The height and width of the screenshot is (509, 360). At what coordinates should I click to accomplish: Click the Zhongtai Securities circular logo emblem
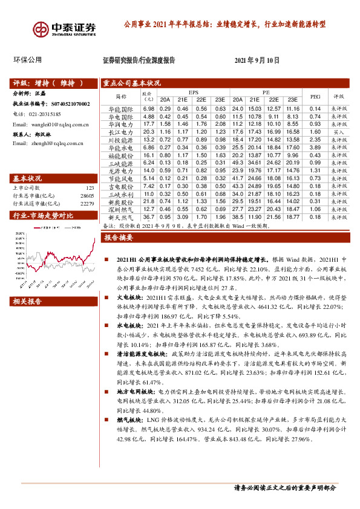[42, 29]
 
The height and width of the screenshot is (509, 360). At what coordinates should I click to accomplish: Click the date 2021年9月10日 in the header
[257, 60]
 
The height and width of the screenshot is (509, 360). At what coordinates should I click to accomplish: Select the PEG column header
[314, 96]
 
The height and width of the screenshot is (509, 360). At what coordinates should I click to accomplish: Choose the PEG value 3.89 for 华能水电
[314, 148]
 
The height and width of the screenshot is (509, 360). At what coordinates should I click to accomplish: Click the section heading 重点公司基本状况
[131, 83]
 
